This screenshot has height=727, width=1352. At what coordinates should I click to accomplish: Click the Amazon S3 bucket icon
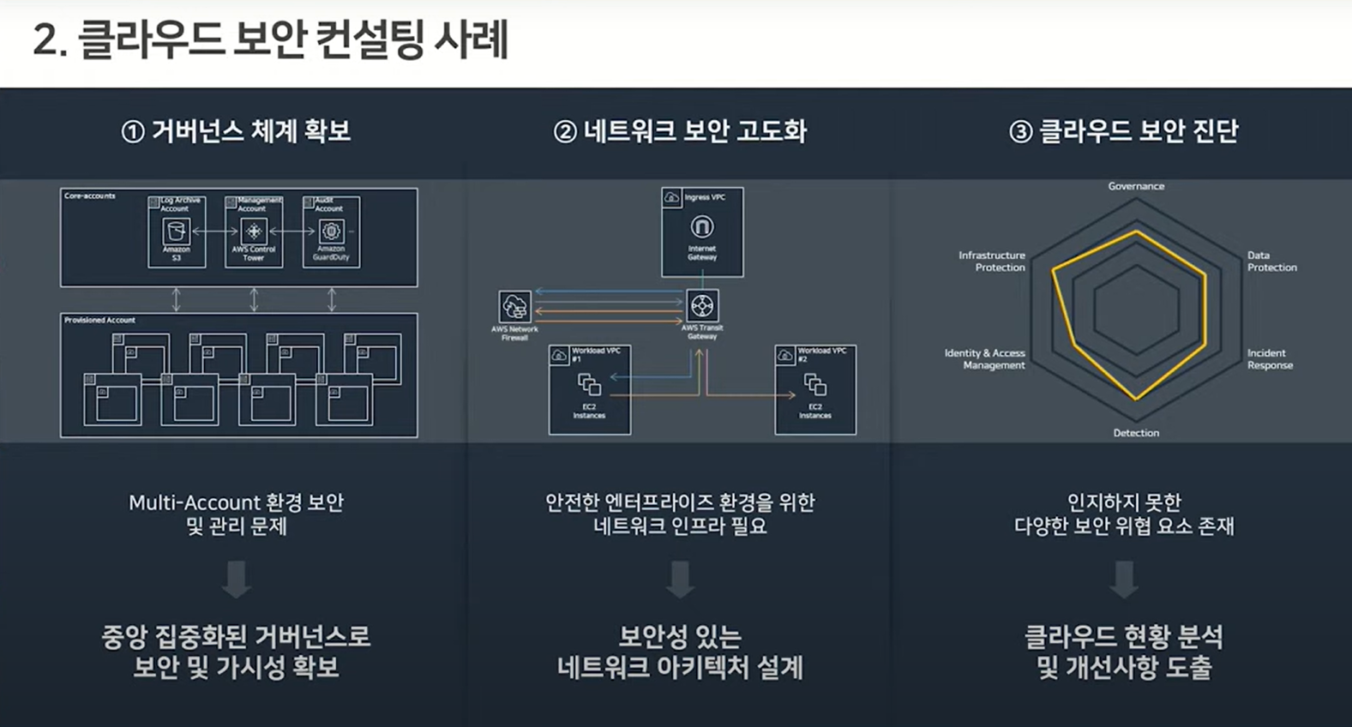[x=176, y=231]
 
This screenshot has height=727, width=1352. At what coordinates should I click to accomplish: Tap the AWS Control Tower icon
[x=254, y=231]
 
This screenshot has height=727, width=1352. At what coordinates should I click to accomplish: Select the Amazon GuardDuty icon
[x=331, y=231]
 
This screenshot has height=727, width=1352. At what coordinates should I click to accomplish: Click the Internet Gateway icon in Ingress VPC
[x=702, y=227]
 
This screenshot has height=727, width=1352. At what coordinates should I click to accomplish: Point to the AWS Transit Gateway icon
[x=702, y=306]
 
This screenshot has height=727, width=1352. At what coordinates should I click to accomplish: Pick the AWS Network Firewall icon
[x=514, y=307]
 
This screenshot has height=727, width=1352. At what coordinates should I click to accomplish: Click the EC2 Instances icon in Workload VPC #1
[x=589, y=385]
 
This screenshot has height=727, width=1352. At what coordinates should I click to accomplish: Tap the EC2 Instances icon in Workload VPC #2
[x=815, y=385]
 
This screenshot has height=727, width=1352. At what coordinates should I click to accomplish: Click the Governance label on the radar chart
[x=1136, y=186]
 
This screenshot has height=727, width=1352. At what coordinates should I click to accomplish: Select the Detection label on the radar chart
[x=1136, y=433]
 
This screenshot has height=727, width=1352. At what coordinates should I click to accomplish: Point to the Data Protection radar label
[x=1271, y=261]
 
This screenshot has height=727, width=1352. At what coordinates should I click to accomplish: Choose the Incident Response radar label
[x=1270, y=359]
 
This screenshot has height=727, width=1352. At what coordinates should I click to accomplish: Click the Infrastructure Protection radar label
[x=992, y=261]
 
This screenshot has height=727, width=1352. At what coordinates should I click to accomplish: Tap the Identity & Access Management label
[x=985, y=359]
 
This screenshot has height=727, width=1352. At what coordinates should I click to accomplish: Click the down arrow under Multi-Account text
[x=237, y=580]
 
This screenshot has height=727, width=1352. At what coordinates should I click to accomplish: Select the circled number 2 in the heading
[x=565, y=132]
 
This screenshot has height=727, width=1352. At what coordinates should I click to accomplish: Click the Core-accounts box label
[x=90, y=196]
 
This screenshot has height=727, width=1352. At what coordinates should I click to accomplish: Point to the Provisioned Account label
[x=99, y=320]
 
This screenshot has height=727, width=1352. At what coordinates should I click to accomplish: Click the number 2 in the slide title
[x=44, y=41]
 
